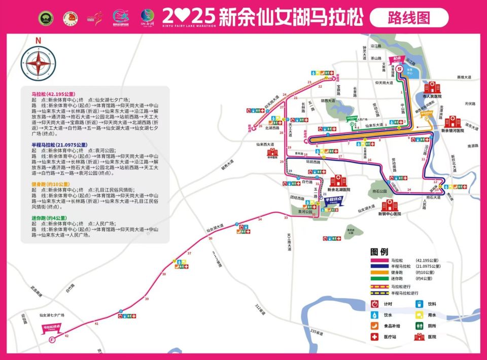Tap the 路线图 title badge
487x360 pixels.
(409, 18)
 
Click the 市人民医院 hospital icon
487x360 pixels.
(432, 87)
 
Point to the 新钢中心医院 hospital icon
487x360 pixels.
(390, 205)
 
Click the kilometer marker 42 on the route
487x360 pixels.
(67, 336)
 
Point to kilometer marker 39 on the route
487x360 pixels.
(147, 299)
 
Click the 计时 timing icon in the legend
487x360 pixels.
(375, 304)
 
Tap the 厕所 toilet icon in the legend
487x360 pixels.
(420, 326)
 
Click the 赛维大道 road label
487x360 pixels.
(464, 77)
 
